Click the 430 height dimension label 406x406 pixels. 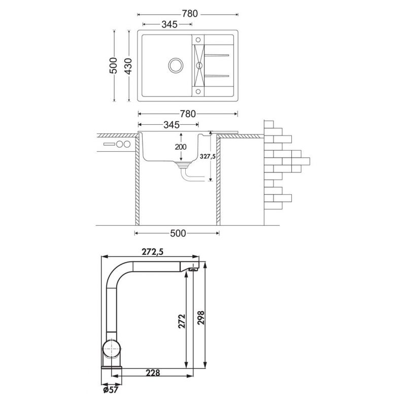tap(129, 66)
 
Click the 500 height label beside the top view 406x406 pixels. tap(114, 65)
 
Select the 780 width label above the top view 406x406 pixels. tap(190, 14)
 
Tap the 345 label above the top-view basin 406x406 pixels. tap(170, 24)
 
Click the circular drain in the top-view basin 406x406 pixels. tap(176, 65)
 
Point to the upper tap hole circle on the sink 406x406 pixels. tap(198, 40)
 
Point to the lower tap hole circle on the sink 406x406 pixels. tap(198, 91)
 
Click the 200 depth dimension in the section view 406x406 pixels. tap(181, 147)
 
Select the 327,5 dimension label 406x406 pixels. tap(208, 156)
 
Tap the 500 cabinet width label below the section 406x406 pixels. tap(178, 233)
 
